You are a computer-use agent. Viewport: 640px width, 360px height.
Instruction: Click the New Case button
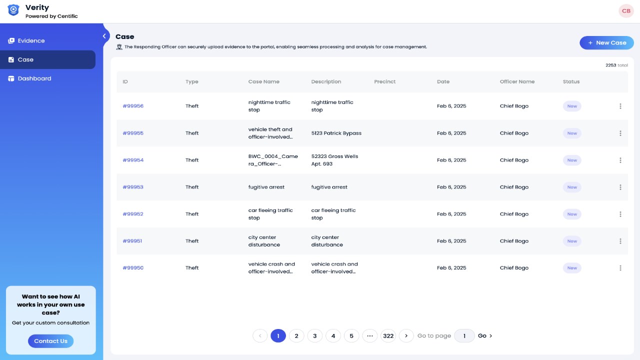click(606, 43)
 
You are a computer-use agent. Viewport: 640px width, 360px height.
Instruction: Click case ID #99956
click(133, 106)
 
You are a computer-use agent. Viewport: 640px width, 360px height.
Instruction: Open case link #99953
click(133, 187)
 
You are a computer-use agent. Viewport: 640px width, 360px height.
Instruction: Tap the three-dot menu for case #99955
click(620, 133)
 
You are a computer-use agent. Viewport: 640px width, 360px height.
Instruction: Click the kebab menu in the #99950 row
click(620, 268)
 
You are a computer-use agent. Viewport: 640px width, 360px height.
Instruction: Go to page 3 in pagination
click(315, 335)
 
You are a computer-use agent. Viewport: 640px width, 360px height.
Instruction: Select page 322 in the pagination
click(388, 335)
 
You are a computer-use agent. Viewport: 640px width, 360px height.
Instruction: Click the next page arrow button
click(406, 335)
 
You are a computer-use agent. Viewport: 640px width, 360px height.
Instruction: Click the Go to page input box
click(464, 335)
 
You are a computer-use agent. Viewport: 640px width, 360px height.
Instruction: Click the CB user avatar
click(626, 11)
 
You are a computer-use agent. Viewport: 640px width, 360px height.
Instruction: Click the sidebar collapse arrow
click(104, 36)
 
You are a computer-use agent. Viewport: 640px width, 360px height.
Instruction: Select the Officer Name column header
click(517, 81)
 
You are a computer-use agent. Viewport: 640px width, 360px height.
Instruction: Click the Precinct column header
click(384, 81)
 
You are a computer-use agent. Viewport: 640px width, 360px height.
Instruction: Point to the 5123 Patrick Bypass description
click(336, 133)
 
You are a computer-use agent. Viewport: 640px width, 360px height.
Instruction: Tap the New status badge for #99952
click(572, 214)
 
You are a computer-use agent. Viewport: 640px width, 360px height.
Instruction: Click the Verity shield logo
click(13, 10)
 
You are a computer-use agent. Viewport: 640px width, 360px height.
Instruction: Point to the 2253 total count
click(616, 65)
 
